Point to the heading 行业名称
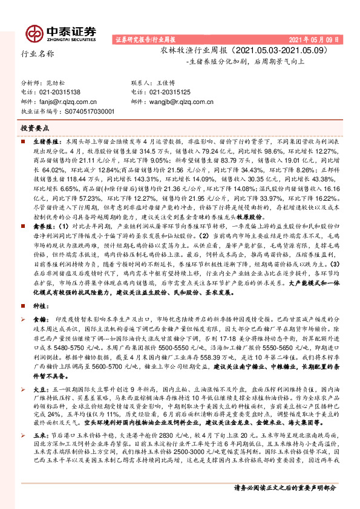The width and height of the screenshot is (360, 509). click(38, 54)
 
